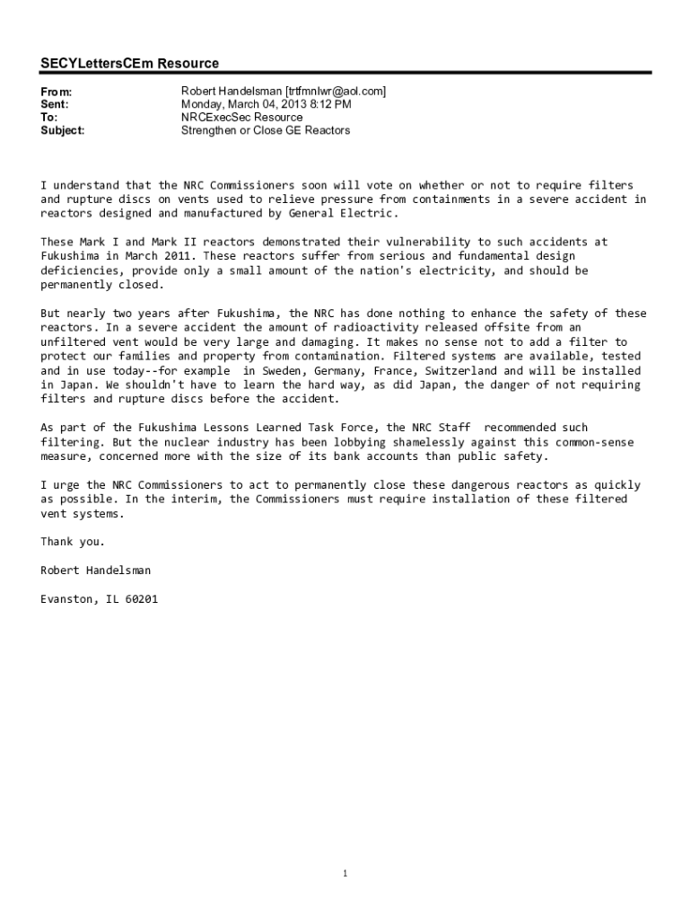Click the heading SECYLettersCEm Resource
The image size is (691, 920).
coord(129,64)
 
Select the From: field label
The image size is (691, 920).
coord(56,92)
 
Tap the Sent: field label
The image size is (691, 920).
coord(55,104)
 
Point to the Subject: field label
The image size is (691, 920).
coord(63,130)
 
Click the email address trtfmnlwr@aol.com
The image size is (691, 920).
coord(336,92)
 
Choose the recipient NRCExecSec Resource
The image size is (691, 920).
coord(241,117)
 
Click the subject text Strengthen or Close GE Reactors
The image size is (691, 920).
coord(266,130)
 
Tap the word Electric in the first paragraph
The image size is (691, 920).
coord(368,214)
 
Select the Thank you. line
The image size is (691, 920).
coord(73,542)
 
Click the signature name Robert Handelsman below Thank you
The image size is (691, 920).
coord(96,571)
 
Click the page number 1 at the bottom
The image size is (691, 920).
coord(345,874)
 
